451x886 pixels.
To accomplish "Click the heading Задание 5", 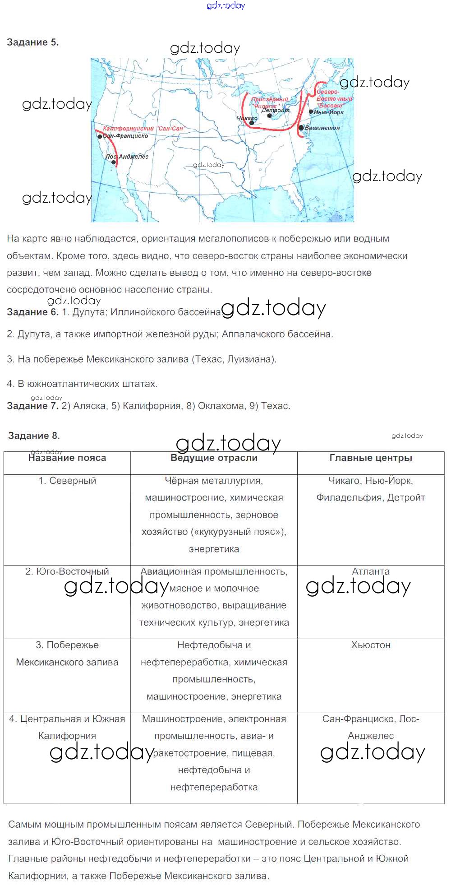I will click(32, 42).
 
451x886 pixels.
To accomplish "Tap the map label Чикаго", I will click(247, 118).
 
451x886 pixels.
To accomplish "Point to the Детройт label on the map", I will click(276, 110).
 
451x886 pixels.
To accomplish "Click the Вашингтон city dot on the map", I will click(301, 128).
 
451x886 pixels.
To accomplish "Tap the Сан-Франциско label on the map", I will click(125, 136).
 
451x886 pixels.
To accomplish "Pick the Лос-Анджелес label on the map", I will click(127, 157).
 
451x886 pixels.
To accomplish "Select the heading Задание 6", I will click(32, 312).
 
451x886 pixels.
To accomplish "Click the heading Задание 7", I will click(32, 406).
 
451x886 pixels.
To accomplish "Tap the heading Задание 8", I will click(34, 436).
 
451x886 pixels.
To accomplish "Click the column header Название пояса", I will click(67, 458).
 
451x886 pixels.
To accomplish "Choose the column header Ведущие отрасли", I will click(214, 458).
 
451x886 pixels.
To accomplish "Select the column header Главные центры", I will click(371, 458).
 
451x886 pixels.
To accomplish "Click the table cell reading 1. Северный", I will click(67, 481).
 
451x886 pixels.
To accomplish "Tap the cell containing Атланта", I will click(371, 571).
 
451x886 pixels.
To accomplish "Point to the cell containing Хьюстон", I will click(371, 645).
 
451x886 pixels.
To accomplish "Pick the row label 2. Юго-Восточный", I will click(67, 571).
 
